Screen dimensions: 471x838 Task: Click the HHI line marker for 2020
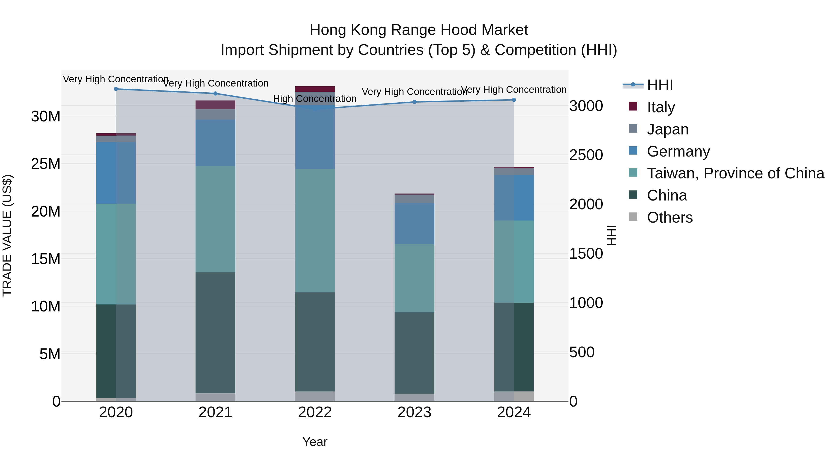[x=116, y=89]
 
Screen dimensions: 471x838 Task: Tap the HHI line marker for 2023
[x=414, y=102]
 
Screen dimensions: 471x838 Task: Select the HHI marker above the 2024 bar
[x=514, y=100]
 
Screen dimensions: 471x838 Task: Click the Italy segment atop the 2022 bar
[x=315, y=89]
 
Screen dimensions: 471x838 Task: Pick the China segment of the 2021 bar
[x=215, y=333]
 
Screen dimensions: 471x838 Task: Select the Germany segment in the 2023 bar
[x=414, y=224]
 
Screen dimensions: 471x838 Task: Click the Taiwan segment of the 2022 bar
[x=315, y=230]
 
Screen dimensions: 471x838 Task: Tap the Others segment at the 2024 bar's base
[x=514, y=396]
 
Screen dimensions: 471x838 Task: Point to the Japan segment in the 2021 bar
[x=215, y=114]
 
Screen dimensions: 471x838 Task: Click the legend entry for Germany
[x=678, y=151]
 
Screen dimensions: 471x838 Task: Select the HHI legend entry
[x=660, y=85]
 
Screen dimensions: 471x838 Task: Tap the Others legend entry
[x=670, y=217]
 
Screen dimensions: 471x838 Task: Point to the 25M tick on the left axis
[x=46, y=164]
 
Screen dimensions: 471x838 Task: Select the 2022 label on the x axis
[x=315, y=412]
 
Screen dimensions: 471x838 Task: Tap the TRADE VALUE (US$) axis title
[x=7, y=235]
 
